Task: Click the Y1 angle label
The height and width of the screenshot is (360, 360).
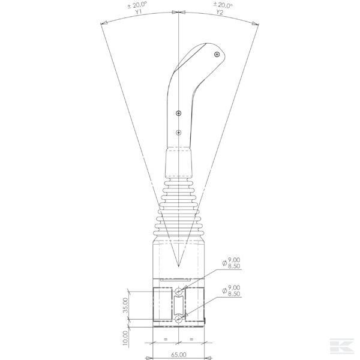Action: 138,12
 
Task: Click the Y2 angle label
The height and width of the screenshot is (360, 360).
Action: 220,12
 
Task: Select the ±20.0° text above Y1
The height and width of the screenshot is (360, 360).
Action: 137,5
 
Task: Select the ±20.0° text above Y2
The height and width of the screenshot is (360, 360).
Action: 223,5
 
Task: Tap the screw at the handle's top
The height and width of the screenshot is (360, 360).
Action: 217,55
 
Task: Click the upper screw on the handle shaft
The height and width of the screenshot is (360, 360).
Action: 179,113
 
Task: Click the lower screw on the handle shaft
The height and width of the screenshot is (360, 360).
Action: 179,133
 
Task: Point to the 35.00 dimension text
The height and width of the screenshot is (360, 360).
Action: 125,305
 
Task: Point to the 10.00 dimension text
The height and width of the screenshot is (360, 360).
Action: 125,338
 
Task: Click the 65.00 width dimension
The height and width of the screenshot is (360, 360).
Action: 179,355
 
